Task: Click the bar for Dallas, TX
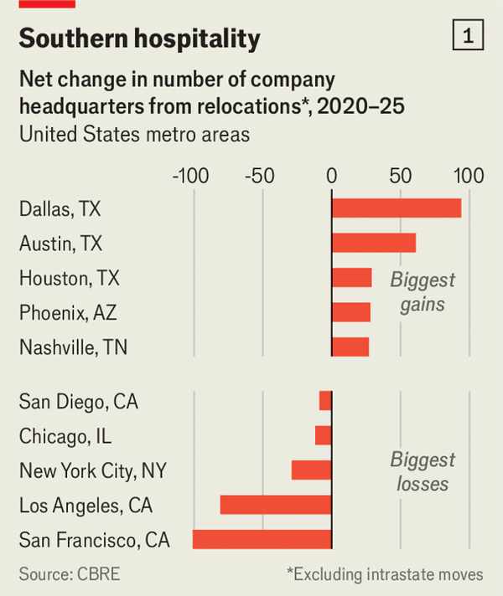point(397,208)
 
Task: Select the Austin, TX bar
point(374,243)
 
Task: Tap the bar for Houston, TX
point(351,277)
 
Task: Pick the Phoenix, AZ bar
point(351,312)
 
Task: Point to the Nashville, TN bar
point(350,347)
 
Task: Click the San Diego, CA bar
point(325,401)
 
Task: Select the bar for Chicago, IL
point(324,435)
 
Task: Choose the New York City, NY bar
point(312,470)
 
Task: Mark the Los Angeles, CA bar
point(276,505)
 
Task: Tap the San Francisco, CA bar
point(262,539)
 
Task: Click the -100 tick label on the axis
point(191,176)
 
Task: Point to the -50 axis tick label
point(260,176)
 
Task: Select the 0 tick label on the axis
point(332,176)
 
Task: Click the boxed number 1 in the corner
point(468,35)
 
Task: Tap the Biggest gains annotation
point(423,292)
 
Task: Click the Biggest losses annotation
point(423,472)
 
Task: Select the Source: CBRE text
point(70,574)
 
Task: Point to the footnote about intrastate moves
point(385,574)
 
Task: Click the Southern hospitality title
point(140,39)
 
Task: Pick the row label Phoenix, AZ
point(68,313)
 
